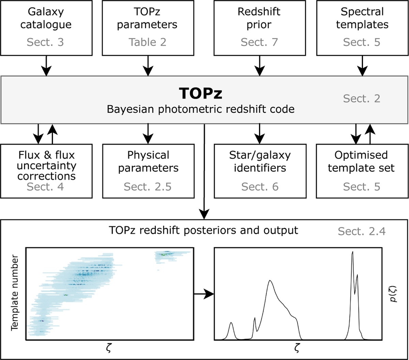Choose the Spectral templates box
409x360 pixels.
(x=362, y=28)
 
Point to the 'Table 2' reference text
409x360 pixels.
(x=148, y=42)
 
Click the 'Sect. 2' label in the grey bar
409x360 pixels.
(x=362, y=98)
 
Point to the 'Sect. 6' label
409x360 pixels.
(x=260, y=187)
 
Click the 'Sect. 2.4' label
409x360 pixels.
(x=362, y=231)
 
